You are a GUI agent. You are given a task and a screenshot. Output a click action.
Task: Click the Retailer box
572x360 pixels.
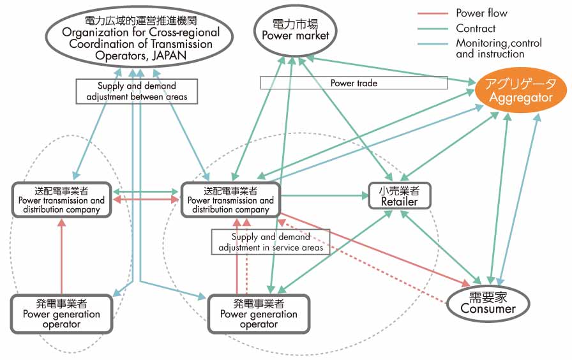point(400,197)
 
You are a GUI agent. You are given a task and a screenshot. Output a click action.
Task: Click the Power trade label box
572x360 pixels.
point(354,83)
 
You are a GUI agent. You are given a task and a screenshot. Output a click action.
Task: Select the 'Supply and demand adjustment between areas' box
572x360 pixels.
point(137,91)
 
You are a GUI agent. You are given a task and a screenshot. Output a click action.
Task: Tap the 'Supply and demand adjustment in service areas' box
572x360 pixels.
point(271,242)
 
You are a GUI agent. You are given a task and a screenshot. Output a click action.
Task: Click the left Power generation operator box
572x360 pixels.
point(61,313)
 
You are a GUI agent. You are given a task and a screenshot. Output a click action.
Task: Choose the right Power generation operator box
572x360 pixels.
point(259,313)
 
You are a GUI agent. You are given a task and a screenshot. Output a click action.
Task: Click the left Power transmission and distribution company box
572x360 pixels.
point(61,200)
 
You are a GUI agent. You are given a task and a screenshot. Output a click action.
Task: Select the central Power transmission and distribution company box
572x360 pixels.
point(230,200)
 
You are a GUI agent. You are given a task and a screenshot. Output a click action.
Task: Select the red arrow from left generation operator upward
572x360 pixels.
point(62,255)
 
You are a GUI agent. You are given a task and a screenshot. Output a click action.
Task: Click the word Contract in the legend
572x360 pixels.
point(476,28)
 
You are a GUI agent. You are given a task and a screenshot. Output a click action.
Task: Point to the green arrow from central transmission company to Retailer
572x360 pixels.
point(324,195)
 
